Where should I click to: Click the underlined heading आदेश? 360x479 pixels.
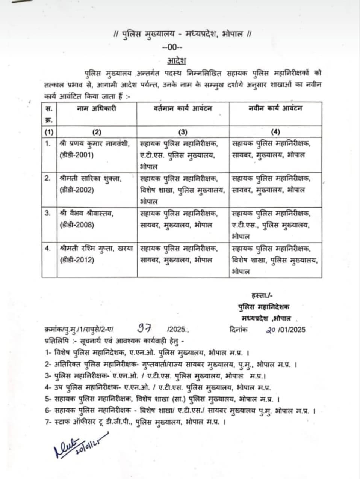[177, 60]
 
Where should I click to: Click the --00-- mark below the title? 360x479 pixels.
[172, 47]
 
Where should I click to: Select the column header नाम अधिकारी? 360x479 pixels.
[97, 109]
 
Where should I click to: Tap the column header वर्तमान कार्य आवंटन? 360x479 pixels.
[183, 109]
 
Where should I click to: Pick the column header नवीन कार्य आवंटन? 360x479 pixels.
[275, 109]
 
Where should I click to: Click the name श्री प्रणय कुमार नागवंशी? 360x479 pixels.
[94, 143]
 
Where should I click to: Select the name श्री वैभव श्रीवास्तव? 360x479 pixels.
[86, 213]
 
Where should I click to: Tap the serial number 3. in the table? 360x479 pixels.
[48, 213]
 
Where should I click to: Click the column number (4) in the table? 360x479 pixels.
[275, 132]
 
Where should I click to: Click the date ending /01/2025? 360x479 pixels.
[285, 330]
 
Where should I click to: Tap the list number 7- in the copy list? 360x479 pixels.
[47, 422]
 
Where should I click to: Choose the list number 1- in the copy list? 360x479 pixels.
[47, 353]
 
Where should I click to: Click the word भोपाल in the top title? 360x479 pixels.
[233, 34]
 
